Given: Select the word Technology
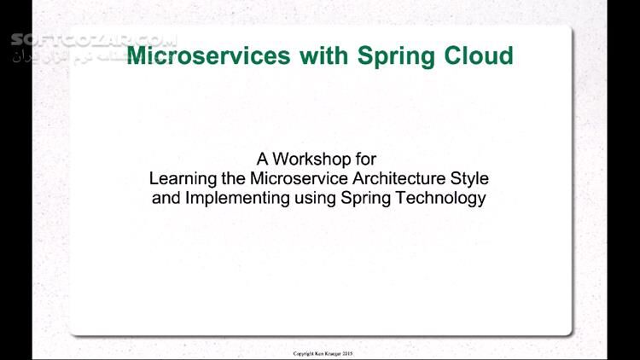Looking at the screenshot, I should pos(441,199).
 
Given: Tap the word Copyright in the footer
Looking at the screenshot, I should pos(305,353).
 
